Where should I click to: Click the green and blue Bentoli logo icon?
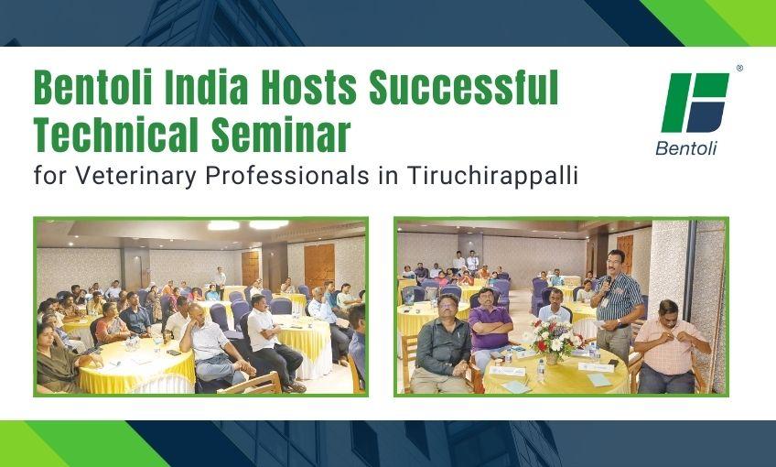pos(695,103)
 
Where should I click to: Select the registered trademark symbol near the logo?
pos(739,69)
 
